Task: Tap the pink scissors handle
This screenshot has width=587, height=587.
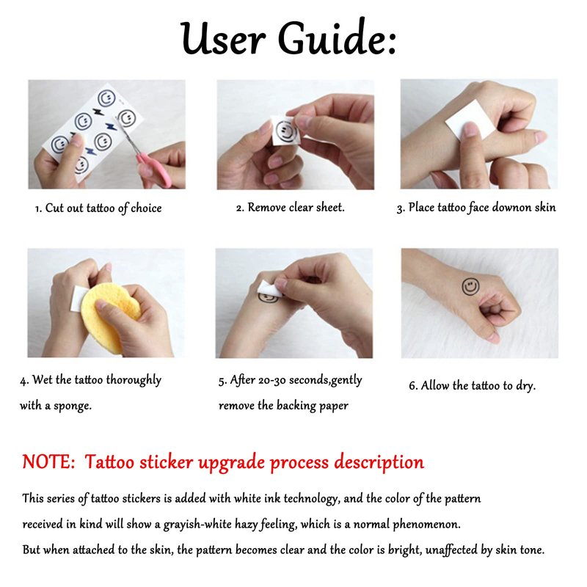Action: click(157, 170)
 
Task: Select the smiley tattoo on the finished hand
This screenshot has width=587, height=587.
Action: click(470, 287)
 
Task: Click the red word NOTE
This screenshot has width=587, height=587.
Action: click(48, 462)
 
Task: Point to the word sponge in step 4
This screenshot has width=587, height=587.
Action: click(73, 406)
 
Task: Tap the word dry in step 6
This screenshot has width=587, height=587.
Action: click(526, 386)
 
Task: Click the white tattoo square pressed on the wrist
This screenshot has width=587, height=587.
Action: click(465, 119)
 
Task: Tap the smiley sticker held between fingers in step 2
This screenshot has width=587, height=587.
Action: click(285, 131)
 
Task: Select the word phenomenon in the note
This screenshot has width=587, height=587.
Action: click(426, 524)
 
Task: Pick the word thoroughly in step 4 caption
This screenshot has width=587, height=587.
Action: click(134, 380)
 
